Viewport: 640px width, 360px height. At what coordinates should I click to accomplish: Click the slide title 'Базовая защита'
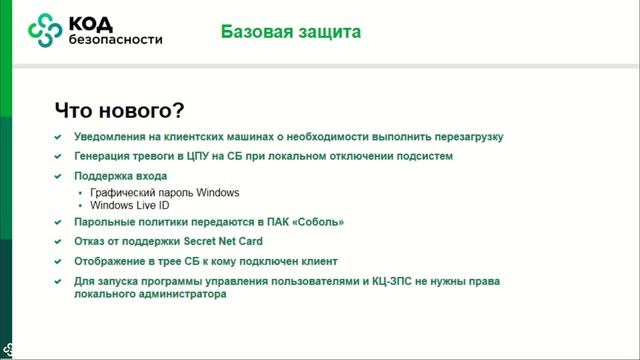291,33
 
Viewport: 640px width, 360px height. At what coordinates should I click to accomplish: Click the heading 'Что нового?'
119,109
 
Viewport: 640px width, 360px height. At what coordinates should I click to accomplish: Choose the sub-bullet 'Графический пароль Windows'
165,192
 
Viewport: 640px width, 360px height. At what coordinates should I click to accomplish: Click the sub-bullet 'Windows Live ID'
129,205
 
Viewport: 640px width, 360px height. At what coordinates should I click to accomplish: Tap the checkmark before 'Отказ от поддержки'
58,242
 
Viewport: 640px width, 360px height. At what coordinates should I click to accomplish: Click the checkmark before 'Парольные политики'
58,223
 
